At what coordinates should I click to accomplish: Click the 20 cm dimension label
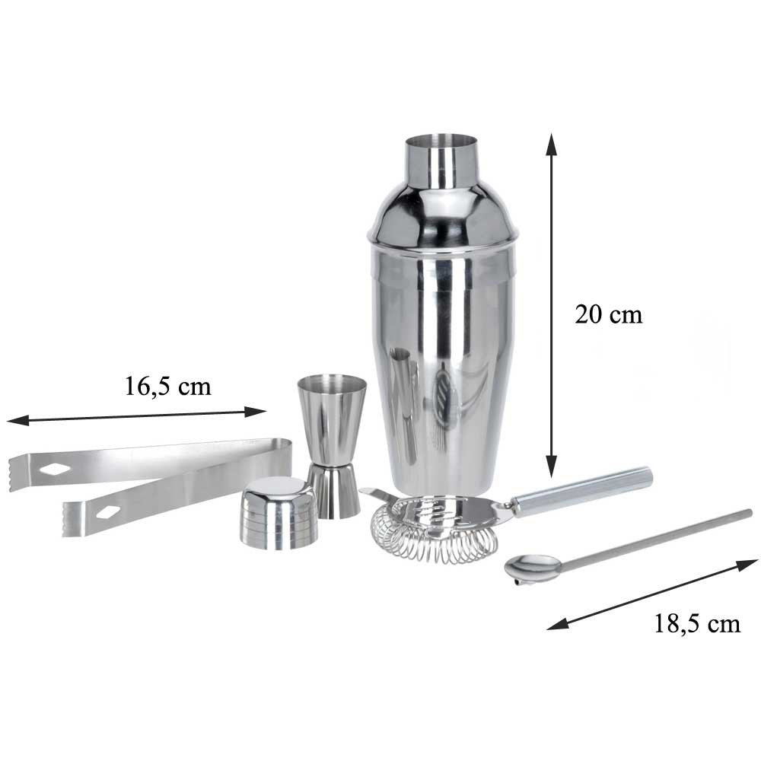(x=609, y=314)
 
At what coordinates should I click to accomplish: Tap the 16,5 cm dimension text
(x=168, y=387)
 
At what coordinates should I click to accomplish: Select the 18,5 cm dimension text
(x=697, y=624)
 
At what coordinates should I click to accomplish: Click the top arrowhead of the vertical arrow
(x=550, y=143)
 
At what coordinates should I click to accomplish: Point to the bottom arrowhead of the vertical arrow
(x=551, y=466)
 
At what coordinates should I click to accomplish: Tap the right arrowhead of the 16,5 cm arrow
(x=255, y=412)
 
